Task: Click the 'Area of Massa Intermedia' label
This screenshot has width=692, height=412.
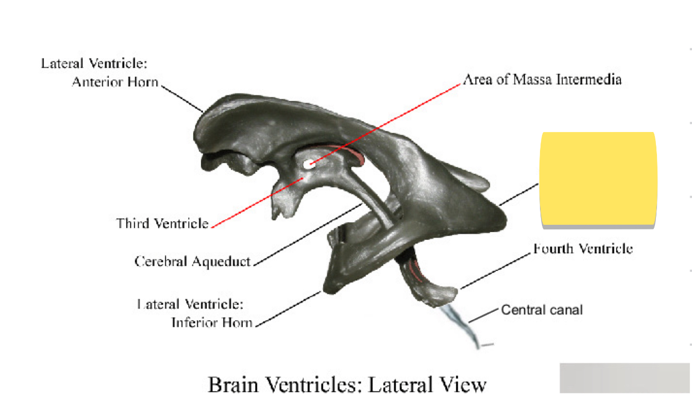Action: pyautogui.click(x=542, y=80)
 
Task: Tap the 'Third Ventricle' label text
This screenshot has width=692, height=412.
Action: pyautogui.click(x=162, y=224)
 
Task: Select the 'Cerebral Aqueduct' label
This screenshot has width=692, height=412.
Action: pyautogui.click(x=193, y=261)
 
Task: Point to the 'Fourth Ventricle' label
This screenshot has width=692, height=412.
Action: pyautogui.click(x=583, y=249)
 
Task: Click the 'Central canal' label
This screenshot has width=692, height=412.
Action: pyautogui.click(x=542, y=310)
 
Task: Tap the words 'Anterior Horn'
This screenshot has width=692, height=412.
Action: pyautogui.click(x=115, y=82)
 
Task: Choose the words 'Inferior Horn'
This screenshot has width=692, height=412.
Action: pyautogui.click(x=212, y=323)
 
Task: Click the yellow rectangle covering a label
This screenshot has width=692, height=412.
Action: pyautogui.click(x=598, y=179)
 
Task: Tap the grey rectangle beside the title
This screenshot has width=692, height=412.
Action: pyautogui.click(x=625, y=378)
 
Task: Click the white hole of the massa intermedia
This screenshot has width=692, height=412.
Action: pyautogui.click(x=309, y=164)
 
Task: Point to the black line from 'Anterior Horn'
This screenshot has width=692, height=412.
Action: pyautogui.click(x=183, y=98)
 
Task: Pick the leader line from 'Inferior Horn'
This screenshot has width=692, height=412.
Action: pyautogui.click(x=289, y=308)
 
